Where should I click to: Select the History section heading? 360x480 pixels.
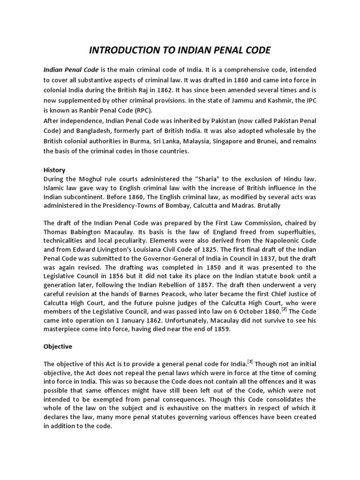[54, 170]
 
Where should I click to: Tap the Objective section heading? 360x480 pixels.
[58, 346]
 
